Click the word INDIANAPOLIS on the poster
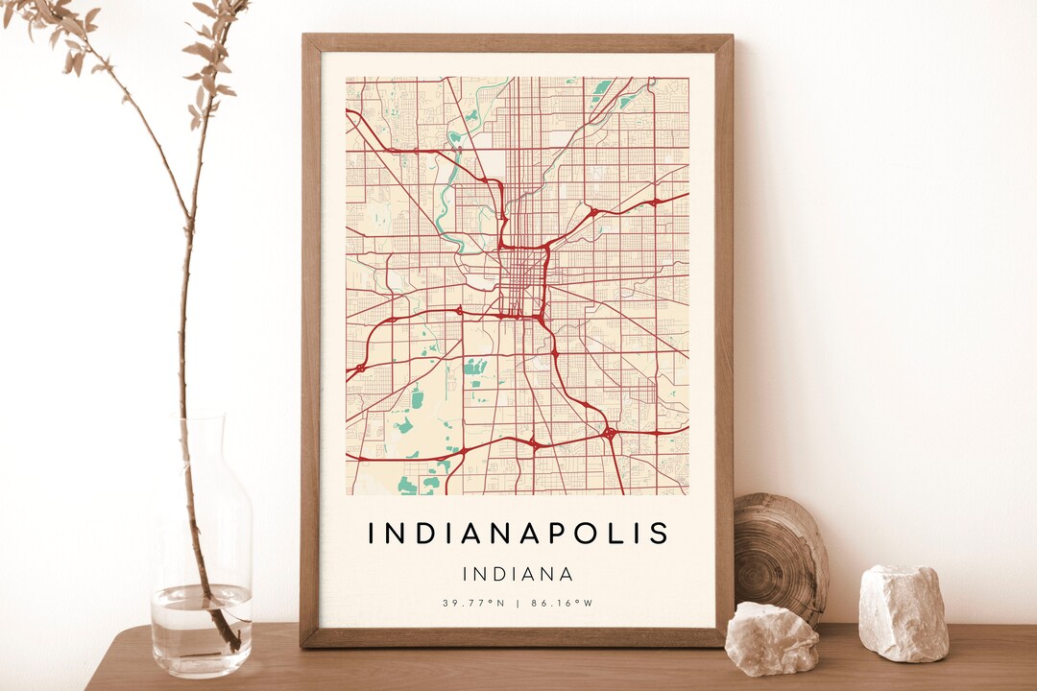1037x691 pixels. tap(518, 534)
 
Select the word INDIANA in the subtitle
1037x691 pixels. tap(518, 575)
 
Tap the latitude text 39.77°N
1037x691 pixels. tap(473, 604)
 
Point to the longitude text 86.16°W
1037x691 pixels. tap(562, 604)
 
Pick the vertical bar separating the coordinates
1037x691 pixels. tap(518, 604)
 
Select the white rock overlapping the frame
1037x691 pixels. tap(771, 638)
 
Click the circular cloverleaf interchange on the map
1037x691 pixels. tap(610, 434)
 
